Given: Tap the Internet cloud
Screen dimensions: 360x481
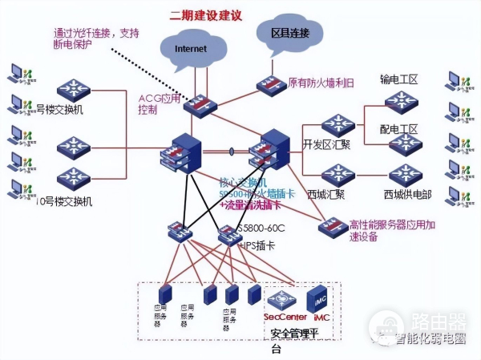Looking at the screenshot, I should coord(191,49).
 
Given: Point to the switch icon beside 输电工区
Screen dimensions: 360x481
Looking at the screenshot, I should coord(400,102).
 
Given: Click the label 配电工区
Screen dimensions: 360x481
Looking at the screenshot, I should coord(398,129).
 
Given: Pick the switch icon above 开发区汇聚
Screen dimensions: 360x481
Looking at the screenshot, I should coord(338,124).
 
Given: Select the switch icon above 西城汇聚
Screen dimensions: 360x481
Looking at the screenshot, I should coord(338,173).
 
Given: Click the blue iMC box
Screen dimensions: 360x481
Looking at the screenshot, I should coord(318,298).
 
